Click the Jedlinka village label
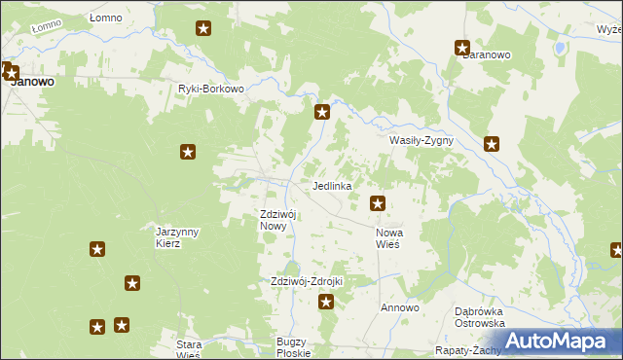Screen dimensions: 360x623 click(332, 185)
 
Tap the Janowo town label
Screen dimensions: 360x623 click(31, 83)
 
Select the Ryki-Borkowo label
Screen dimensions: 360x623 click(210, 89)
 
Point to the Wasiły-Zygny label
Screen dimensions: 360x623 click(421, 140)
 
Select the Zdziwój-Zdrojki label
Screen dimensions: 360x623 click(307, 281)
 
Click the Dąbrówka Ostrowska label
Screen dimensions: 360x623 click(479, 317)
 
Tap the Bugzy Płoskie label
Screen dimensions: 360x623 click(291, 347)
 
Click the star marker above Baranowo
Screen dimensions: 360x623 click(463, 47)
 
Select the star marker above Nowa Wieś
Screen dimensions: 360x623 click(378, 203)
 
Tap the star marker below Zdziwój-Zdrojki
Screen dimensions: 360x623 click(326, 302)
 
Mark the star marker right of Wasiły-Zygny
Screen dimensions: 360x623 click(493, 144)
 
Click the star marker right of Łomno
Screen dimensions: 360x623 click(203, 28)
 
